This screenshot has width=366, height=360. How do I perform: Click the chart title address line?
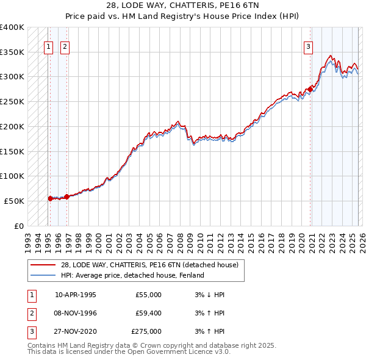(182, 5)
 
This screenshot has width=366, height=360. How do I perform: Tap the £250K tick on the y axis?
(12, 101)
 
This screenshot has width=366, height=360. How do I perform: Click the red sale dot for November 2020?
(310, 90)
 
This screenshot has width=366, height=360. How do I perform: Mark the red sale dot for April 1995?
(50, 198)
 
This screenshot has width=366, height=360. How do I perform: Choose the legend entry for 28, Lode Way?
(151, 265)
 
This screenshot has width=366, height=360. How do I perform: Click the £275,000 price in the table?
(146, 331)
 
